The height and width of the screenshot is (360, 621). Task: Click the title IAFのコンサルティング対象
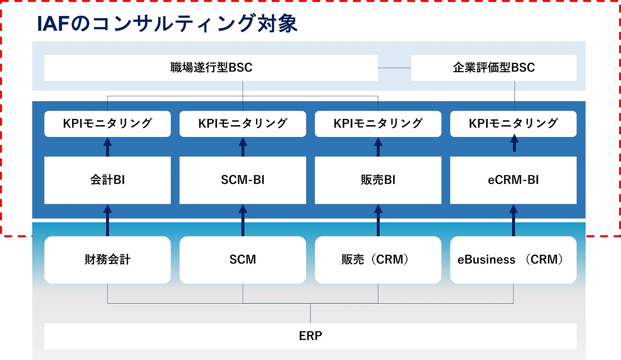click(167, 23)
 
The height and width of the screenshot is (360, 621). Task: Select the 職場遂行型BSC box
click(211, 68)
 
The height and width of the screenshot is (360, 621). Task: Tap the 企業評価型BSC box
click(494, 68)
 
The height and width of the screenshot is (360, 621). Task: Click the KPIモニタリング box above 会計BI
click(107, 124)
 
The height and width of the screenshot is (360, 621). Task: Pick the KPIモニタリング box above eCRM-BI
click(514, 124)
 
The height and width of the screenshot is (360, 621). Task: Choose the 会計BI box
click(107, 180)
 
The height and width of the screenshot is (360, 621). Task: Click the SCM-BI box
click(243, 180)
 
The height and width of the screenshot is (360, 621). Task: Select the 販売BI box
click(378, 180)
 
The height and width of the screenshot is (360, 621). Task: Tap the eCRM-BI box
click(514, 180)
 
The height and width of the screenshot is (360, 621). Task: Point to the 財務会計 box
click(107, 260)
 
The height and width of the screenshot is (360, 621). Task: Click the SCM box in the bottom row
click(243, 260)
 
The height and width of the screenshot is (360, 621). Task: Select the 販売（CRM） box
click(378, 260)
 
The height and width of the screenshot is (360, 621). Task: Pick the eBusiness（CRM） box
click(514, 260)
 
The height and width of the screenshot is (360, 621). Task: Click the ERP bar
click(310, 336)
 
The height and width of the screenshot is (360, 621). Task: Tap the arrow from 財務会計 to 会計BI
click(107, 220)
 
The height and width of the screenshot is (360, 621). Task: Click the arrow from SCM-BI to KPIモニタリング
click(243, 147)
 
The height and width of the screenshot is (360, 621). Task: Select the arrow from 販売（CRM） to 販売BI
click(378, 220)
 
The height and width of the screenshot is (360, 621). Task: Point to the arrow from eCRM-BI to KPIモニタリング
click(514, 143)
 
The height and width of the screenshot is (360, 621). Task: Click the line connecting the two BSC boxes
click(395, 68)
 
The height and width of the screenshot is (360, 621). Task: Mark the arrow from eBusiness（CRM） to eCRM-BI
click(514, 220)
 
